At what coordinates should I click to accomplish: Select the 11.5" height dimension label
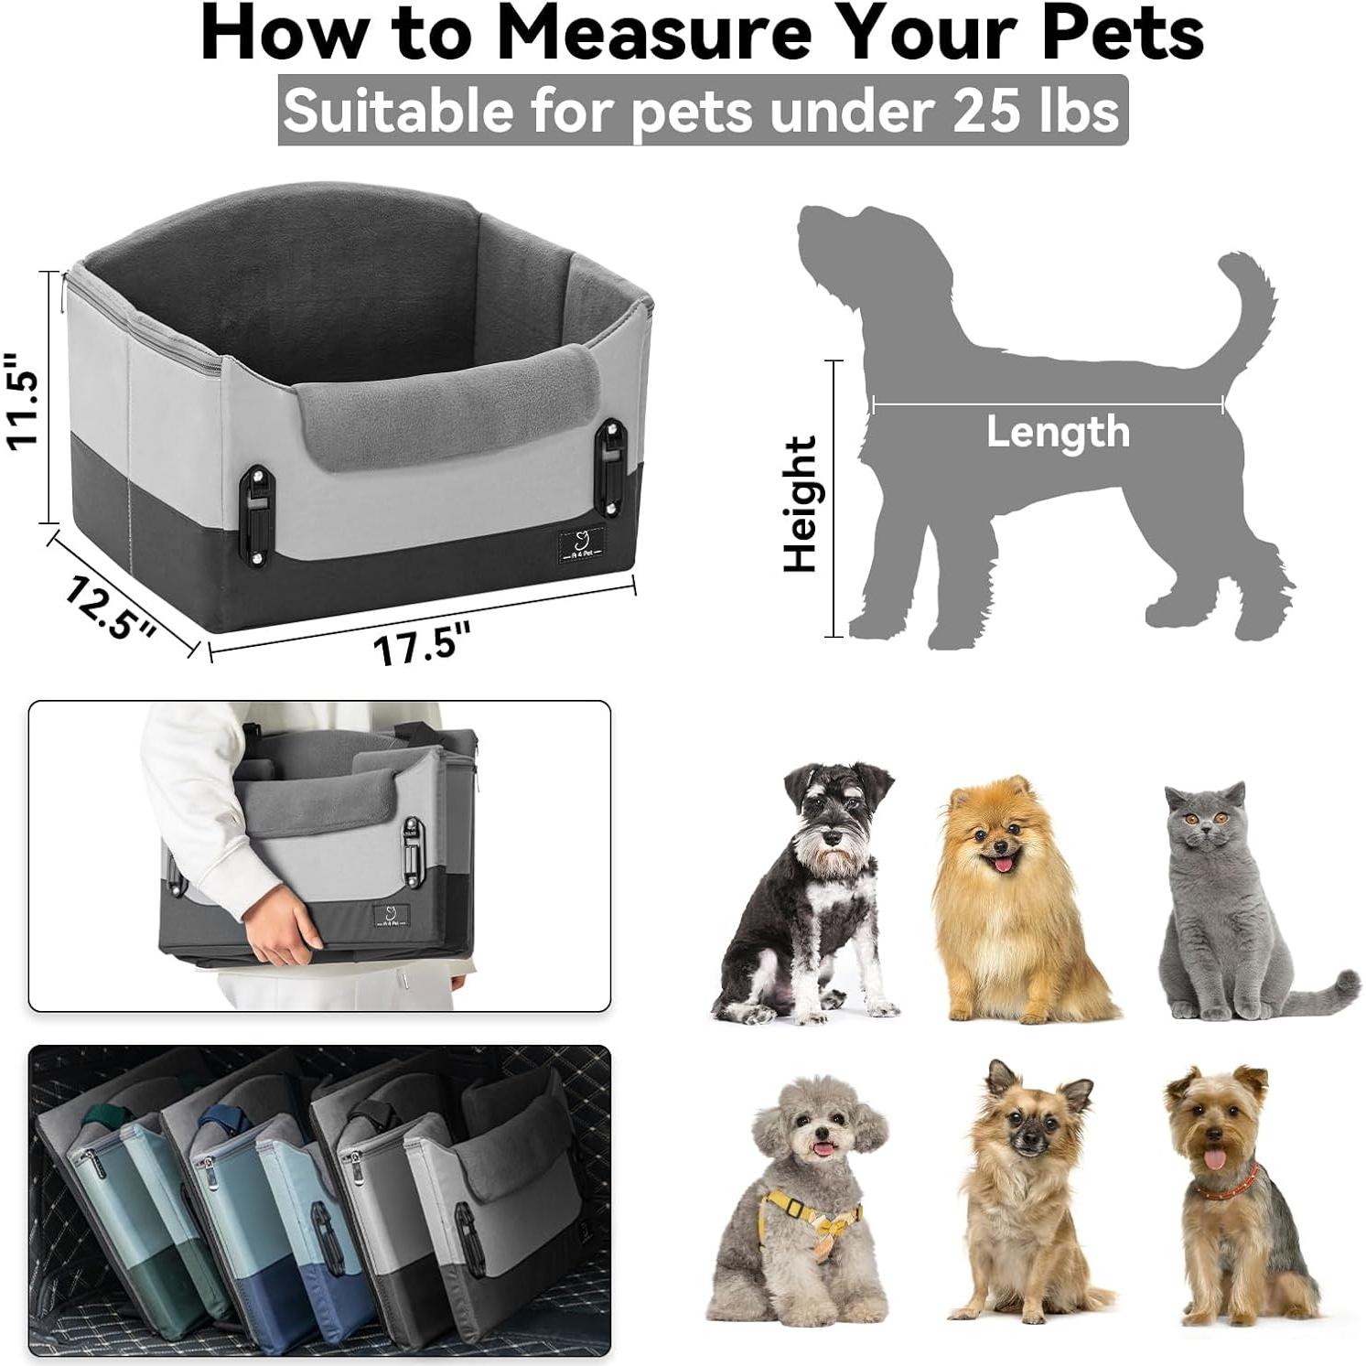[25, 401]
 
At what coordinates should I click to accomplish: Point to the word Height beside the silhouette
[801, 504]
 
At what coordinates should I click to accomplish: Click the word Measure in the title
[659, 34]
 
